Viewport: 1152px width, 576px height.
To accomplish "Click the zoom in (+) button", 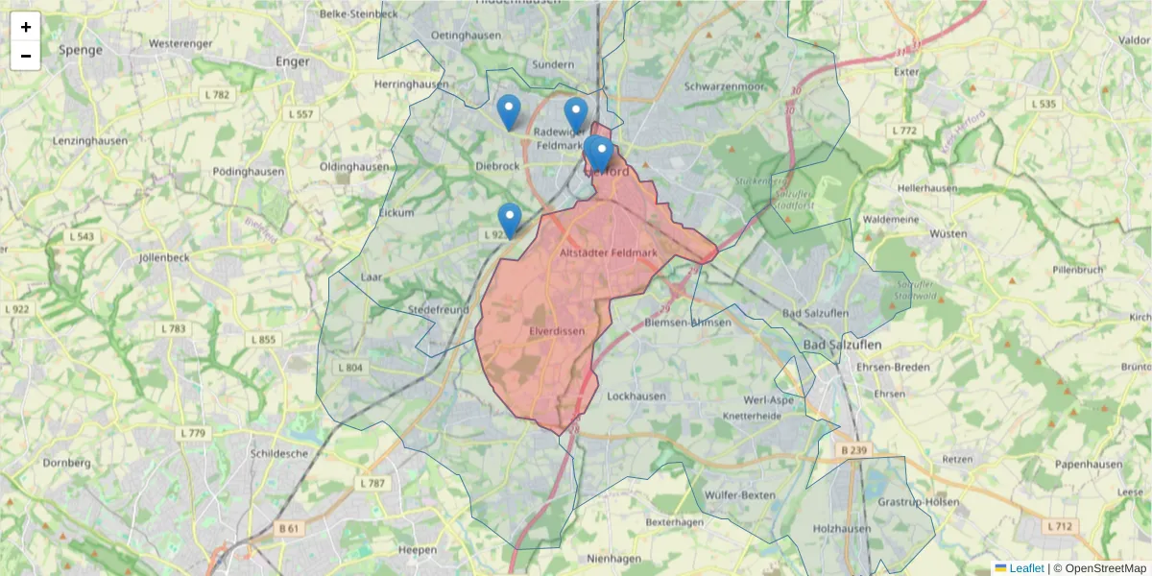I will pos(26,27).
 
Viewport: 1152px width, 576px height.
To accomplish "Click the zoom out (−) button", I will pos(26,56).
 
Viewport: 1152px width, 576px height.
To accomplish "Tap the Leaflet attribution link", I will pos(1025,568).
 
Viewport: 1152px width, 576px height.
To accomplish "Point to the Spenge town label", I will pos(80,49).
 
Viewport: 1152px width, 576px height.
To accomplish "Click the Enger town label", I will pos(293,61).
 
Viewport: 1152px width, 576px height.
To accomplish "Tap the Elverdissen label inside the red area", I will pos(557,331).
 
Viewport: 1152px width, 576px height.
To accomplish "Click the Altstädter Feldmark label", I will pos(609,253).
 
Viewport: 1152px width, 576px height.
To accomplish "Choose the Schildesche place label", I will pos(278,453).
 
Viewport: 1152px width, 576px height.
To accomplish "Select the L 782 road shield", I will pos(217,94).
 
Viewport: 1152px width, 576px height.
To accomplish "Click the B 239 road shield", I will pos(853,449).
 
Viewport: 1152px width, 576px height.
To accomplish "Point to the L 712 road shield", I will pos(1060,526).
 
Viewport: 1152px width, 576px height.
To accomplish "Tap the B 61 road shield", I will pos(289,528).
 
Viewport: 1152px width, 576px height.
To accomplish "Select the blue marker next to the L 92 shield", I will pos(510,220).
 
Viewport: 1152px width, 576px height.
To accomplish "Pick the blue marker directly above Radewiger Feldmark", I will pos(576,115).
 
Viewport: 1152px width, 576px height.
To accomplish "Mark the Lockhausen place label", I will pos(636,395).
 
